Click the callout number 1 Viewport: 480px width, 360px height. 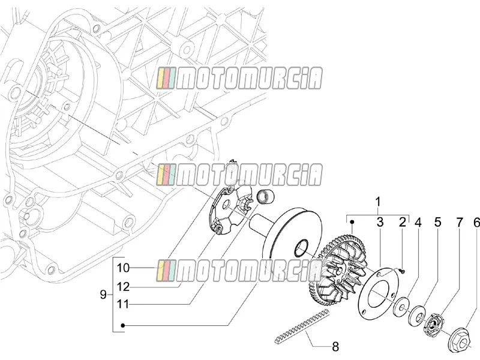tap(378, 202)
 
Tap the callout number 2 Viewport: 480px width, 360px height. tap(402, 222)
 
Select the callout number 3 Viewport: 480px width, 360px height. tap(380, 222)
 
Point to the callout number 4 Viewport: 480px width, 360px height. tap(418, 222)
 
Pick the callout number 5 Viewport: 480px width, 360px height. tap(438, 222)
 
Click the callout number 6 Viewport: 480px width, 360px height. tap(476, 223)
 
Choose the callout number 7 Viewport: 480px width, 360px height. tap(460, 223)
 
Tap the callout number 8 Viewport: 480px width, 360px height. tap(335, 347)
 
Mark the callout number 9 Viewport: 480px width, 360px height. tap(103, 295)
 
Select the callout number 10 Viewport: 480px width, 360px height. tap(124, 268)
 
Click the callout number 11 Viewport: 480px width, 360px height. tap(124, 305)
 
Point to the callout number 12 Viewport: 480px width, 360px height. tap(124, 287)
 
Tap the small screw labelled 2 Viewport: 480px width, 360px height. tap(401, 270)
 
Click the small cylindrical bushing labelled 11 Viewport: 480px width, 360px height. tap(265, 196)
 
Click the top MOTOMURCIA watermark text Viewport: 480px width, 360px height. tap(239, 79)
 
